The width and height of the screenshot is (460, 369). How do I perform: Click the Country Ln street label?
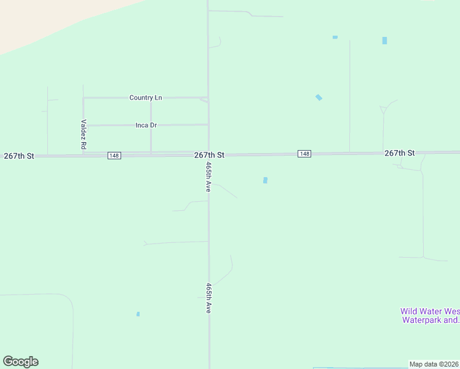tap(146, 98)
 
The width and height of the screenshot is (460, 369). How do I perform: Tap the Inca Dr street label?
tap(146, 125)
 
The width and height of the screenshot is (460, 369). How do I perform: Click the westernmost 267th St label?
tap(18, 156)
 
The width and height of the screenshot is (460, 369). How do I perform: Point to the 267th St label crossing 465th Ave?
tap(209, 156)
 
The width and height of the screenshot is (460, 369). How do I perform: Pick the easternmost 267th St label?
tap(400, 153)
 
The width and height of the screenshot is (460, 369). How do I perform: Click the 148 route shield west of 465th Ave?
tap(114, 156)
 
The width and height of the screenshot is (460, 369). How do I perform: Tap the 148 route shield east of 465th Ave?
tap(304, 153)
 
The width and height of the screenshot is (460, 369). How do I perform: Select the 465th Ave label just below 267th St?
tap(209, 177)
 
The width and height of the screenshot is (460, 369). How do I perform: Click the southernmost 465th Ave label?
tap(209, 298)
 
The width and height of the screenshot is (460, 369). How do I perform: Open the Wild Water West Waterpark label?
tap(430, 315)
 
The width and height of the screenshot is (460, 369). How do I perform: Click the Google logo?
tap(20, 362)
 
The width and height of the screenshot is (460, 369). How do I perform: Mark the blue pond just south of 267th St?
tap(265, 180)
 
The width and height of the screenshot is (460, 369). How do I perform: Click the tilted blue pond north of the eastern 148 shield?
tap(319, 97)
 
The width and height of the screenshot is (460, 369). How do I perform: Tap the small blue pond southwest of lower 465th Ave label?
tap(138, 314)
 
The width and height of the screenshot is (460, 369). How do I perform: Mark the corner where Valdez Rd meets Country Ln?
tap(84, 98)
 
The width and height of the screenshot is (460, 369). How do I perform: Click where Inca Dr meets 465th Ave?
tap(208, 125)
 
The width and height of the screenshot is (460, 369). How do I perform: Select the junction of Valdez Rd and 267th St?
tap(84, 156)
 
